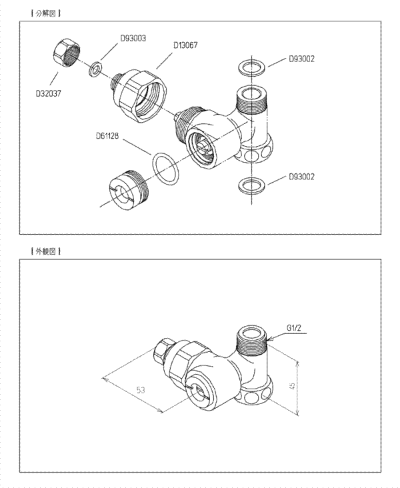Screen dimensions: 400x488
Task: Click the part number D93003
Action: coord(133,38)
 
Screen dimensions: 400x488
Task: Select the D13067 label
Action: coord(185,45)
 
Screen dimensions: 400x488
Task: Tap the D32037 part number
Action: coord(49,93)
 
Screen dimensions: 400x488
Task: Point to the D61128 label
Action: coord(107,136)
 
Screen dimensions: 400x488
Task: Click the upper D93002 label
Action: coord(301,59)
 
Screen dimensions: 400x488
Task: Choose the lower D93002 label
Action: coord(301,177)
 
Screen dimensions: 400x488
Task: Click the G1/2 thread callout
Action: coord(294,328)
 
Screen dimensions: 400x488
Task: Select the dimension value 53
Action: coord(141,390)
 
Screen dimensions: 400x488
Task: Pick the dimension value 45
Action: coord(292,386)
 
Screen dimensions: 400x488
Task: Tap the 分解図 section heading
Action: coord(46,13)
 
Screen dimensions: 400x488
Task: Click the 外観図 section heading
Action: coord(46,251)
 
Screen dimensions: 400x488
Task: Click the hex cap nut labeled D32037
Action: coord(67,52)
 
